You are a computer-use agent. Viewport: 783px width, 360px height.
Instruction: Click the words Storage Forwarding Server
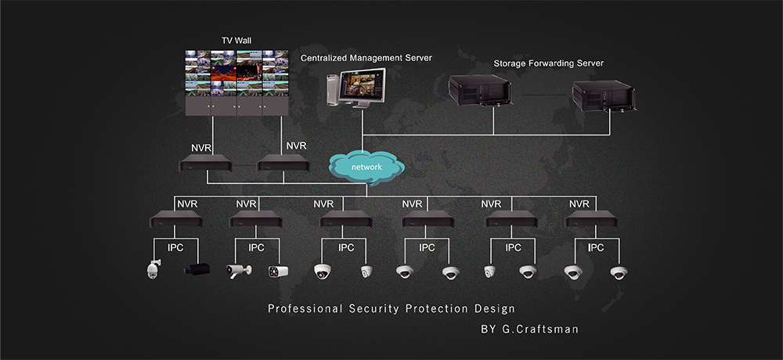pyautogui.click(x=548, y=63)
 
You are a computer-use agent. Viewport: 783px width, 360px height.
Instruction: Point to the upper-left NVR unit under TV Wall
pyautogui.click(x=204, y=165)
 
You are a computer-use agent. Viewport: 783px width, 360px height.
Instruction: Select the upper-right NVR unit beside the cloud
pyautogui.click(x=283, y=165)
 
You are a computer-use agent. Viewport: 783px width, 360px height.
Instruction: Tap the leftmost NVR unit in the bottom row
pyautogui.click(x=176, y=220)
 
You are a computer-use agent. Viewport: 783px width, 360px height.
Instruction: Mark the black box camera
pyautogui.click(x=197, y=271)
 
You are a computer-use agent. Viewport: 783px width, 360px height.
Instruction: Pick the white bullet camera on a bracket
pyautogui.click(x=239, y=271)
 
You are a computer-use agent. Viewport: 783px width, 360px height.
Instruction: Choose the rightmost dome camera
pyautogui.click(x=620, y=272)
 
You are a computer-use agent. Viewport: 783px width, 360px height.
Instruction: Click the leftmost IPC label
pyautogui.click(x=176, y=248)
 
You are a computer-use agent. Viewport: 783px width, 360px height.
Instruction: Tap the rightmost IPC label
pyautogui.click(x=595, y=248)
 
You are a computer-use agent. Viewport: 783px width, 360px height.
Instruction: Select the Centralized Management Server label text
pyautogui.click(x=366, y=58)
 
